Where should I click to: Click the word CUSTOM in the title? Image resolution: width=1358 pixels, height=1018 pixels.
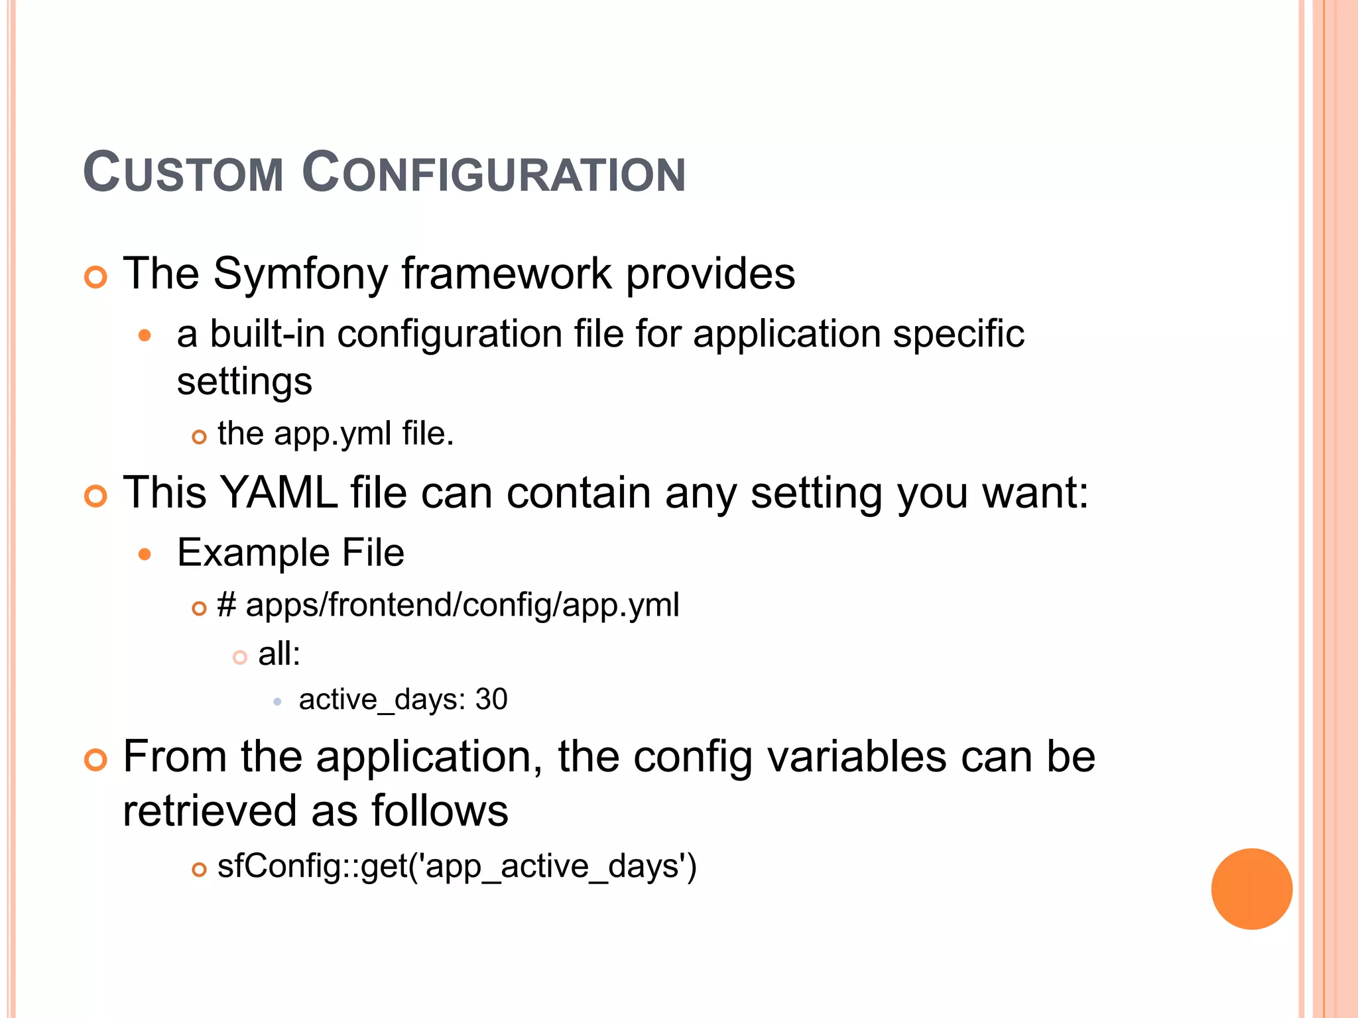(184, 173)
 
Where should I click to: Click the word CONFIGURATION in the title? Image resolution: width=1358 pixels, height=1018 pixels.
(493, 173)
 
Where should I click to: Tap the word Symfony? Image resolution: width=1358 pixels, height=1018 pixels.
(300, 274)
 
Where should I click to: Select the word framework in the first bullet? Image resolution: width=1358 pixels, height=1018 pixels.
(507, 274)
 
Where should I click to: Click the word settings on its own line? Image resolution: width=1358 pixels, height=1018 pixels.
(244, 382)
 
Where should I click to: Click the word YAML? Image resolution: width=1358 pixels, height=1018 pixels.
(278, 493)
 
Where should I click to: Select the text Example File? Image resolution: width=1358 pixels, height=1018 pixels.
(290, 553)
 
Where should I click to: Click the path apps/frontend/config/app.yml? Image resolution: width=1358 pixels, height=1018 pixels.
(462, 605)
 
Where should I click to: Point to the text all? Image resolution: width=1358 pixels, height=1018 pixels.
(279, 654)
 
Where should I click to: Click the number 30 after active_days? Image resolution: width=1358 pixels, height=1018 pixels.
(491, 700)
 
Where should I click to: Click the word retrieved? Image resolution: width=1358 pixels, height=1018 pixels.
(210, 811)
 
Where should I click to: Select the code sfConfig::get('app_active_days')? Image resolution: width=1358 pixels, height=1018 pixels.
(457, 867)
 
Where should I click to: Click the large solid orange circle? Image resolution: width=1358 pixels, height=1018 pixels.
(1251, 889)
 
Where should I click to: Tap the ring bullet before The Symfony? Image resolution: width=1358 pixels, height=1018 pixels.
(96, 277)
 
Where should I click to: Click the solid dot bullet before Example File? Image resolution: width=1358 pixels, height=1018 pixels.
(145, 554)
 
